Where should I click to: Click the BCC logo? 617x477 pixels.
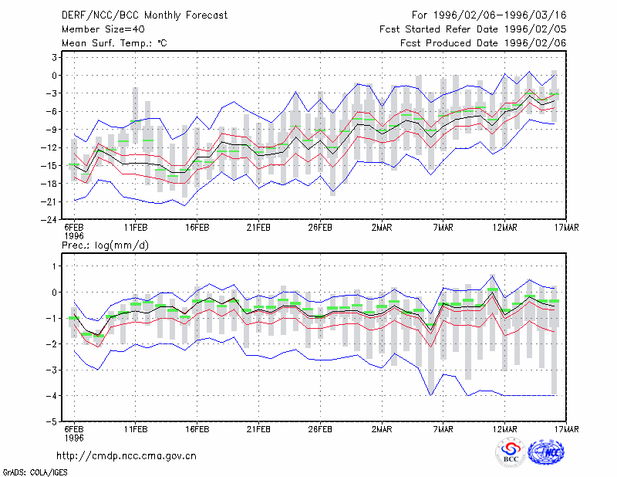tap(511, 452)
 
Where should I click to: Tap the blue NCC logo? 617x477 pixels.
tap(546, 452)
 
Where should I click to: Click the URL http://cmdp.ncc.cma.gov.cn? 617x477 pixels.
tap(126, 456)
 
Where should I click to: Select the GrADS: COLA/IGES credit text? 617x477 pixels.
tap(35, 472)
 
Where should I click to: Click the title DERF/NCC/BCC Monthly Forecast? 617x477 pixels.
tap(144, 15)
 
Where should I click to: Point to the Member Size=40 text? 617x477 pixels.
tap(103, 29)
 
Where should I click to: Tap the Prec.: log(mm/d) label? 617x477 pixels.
tap(105, 245)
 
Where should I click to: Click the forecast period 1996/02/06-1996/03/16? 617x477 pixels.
tap(500, 15)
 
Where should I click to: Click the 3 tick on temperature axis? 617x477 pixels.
tap(54, 58)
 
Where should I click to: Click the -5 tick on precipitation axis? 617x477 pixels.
tap(52, 421)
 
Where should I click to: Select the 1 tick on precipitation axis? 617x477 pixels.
tap(55, 266)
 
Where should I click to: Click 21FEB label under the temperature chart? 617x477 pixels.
tap(258, 228)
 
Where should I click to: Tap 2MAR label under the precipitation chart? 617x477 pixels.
tap(382, 429)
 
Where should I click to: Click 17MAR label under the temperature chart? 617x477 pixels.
tap(566, 228)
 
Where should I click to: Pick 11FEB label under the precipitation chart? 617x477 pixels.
tap(136, 429)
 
